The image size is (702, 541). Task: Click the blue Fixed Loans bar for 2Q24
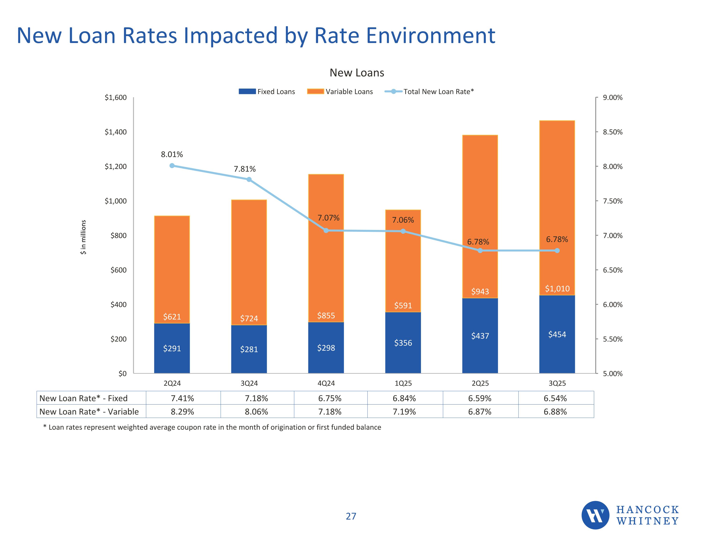click(x=172, y=348)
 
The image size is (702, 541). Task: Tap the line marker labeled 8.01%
click(x=172, y=166)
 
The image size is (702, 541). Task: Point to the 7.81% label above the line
click(x=245, y=169)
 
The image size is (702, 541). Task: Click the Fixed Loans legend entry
click(x=267, y=92)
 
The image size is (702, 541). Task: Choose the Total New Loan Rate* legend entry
click(x=429, y=92)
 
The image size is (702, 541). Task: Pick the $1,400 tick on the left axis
click(x=116, y=132)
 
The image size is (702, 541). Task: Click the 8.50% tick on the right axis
click(x=613, y=132)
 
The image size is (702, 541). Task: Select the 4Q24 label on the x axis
click(x=326, y=383)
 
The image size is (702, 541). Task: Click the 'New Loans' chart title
click(x=357, y=73)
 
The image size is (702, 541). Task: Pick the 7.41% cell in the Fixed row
click(x=182, y=398)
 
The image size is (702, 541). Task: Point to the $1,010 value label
click(x=557, y=289)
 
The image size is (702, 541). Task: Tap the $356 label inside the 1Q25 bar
click(x=403, y=343)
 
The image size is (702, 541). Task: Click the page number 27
click(x=351, y=516)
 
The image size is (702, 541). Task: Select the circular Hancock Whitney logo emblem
click(x=595, y=515)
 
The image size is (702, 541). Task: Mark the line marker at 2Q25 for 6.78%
click(x=480, y=251)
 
